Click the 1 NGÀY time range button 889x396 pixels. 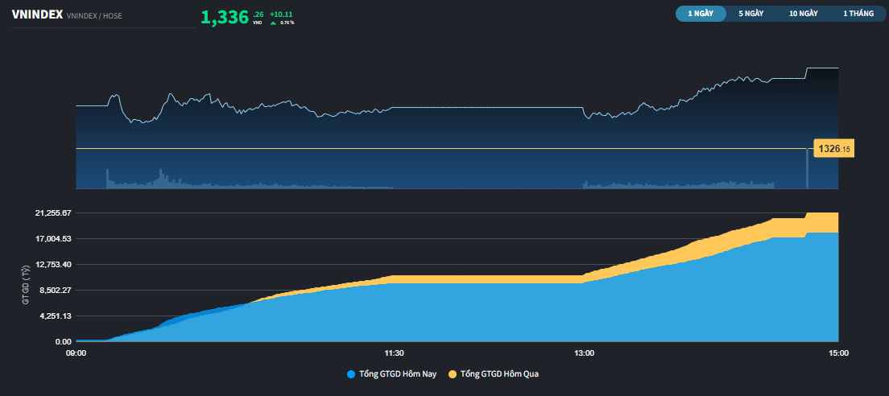click(x=701, y=14)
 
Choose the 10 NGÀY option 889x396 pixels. click(x=804, y=14)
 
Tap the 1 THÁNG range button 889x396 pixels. click(x=858, y=14)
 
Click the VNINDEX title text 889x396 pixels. click(x=37, y=15)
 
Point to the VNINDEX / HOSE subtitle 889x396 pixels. click(x=94, y=16)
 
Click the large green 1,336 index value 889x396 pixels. click(x=225, y=17)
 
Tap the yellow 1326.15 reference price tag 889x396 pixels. click(x=833, y=149)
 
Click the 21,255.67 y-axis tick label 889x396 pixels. click(x=51, y=212)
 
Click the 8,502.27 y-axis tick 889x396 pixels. click(x=53, y=290)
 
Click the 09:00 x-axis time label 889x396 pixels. click(x=76, y=353)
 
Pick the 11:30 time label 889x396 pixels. click(x=394, y=353)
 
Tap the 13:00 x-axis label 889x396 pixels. click(x=584, y=353)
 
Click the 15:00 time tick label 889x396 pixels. click(x=838, y=353)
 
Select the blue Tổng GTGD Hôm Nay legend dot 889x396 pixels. click(x=351, y=374)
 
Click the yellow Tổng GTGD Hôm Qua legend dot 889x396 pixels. click(x=453, y=374)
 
